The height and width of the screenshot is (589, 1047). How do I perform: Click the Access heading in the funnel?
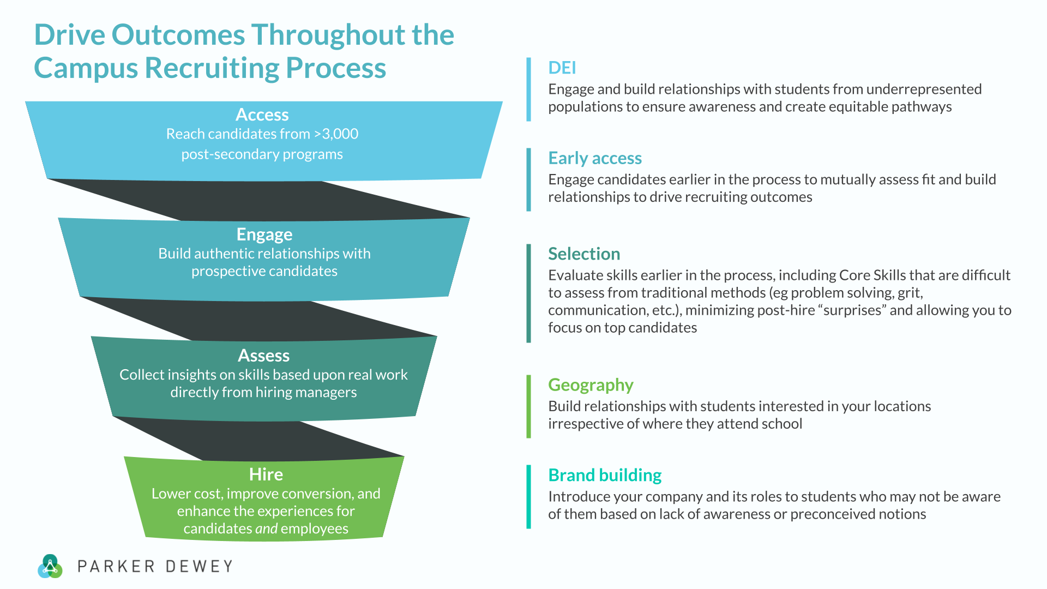pyautogui.click(x=262, y=115)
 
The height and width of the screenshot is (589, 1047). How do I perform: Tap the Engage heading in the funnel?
pyautogui.click(x=264, y=235)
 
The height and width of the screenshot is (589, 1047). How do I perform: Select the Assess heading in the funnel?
pyautogui.click(x=263, y=356)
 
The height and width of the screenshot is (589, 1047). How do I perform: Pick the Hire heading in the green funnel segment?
pyautogui.click(x=266, y=474)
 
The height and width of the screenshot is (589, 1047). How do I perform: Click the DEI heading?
pyautogui.click(x=562, y=68)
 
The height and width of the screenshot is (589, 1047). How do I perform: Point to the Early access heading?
pyautogui.click(x=594, y=158)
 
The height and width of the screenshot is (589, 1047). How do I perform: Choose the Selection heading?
pyautogui.click(x=583, y=254)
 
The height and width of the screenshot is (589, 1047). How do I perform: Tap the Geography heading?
pyautogui.click(x=590, y=385)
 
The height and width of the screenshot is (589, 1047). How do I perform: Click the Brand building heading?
pyautogui.click(x=604, y=475)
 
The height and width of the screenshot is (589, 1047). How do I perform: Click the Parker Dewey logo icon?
pyautogui.click(x=50, y=566)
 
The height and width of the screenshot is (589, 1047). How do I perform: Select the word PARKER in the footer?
pyautogui.click(x=116, y=567)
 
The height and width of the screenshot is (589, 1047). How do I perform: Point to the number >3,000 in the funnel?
pyautogui.click(x=336, y=134)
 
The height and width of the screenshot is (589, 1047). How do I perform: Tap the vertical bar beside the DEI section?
pyautogui.click(x=528, y=89)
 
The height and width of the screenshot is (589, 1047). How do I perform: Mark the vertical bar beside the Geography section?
pyautogui.click(x=528, y=406)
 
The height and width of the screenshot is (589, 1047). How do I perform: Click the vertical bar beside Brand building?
pyautogui.click(x=528, y=496)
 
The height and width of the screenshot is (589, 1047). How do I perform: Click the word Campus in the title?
pyautogui.click(x=86, y=68)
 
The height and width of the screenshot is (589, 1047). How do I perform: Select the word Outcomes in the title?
pyautogui.click(x=178, y=35)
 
